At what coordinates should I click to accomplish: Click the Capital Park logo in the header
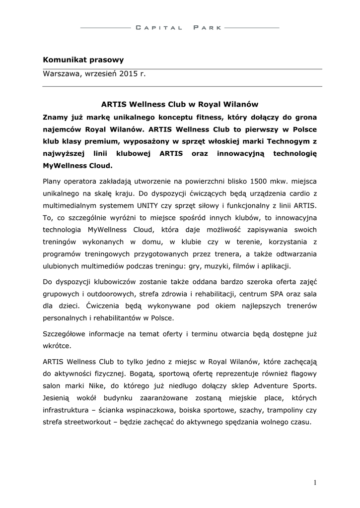180,28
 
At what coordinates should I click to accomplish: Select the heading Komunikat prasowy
83,60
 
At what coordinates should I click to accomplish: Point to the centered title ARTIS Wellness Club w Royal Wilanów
180,105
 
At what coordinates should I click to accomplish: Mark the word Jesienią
60,398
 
